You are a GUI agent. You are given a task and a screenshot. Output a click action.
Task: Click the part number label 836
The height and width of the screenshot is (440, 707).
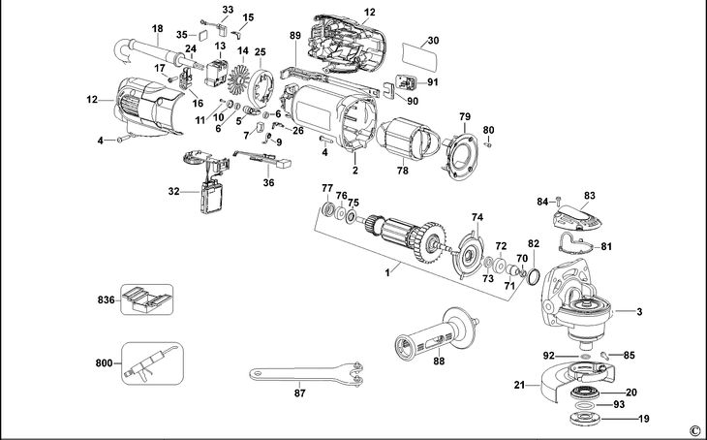[105, 301]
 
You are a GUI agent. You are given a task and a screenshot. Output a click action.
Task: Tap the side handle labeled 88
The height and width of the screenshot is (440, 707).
[437, 334]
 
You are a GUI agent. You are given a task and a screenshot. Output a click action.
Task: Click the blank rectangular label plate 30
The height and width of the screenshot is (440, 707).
[419, 55]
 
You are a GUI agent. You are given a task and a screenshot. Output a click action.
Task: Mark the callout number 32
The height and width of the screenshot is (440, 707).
[174, 192]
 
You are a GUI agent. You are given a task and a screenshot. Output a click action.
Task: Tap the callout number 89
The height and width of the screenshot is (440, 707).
[295, 36]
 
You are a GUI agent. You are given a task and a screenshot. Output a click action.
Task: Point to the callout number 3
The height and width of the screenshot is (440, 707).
[638, 311]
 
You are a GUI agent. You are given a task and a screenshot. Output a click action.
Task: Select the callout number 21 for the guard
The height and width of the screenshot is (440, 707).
[519, 386]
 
